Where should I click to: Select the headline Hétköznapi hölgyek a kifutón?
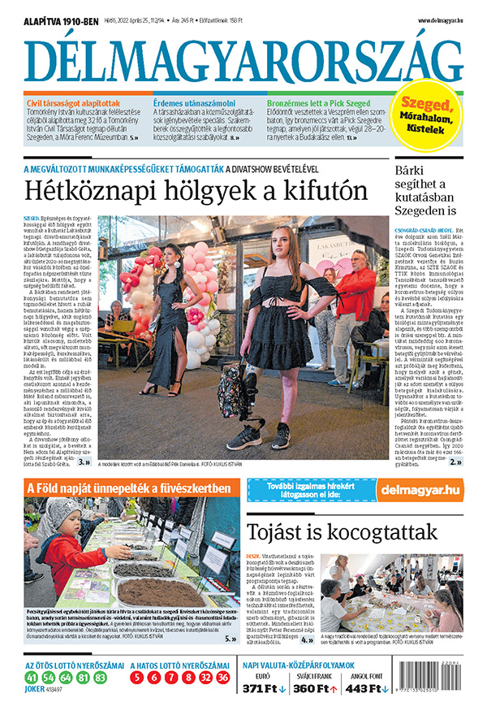point(195,193)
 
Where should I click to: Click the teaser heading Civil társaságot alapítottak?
point(72,103)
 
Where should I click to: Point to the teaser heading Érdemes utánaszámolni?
point(195,103)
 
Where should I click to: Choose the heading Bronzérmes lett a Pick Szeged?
point(318,103)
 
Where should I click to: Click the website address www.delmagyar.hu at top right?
point(441,19)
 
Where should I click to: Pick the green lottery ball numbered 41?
point(32,677)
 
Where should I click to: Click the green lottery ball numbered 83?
point(100,677)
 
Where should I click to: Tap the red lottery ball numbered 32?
point(205,677)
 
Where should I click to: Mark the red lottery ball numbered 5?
point(136,677)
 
